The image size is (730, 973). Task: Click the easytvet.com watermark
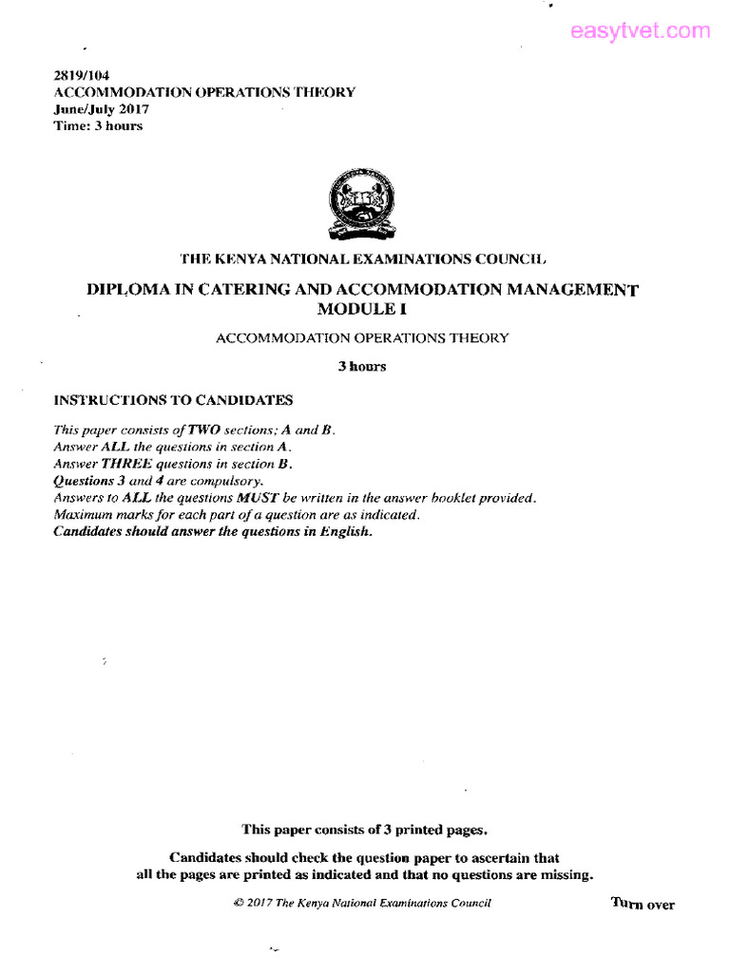tap(640, 31)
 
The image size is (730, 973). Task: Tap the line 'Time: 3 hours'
tap(98, 125)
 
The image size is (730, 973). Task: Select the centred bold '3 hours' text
tap(362, 367)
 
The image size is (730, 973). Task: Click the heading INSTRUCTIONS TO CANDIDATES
tap(174, 400)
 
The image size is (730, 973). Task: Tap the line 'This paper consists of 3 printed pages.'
tap(365, 830)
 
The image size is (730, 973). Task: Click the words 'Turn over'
tap(643, 904)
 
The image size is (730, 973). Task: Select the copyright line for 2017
tap(361, 903)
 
